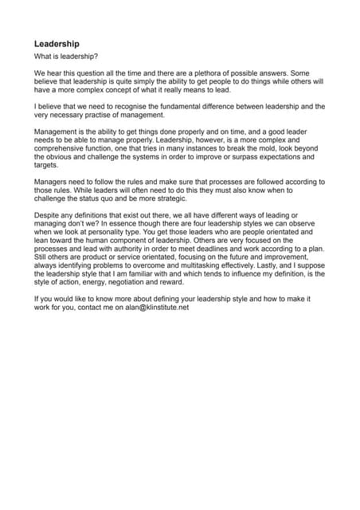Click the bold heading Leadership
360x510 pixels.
click(57, 44)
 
